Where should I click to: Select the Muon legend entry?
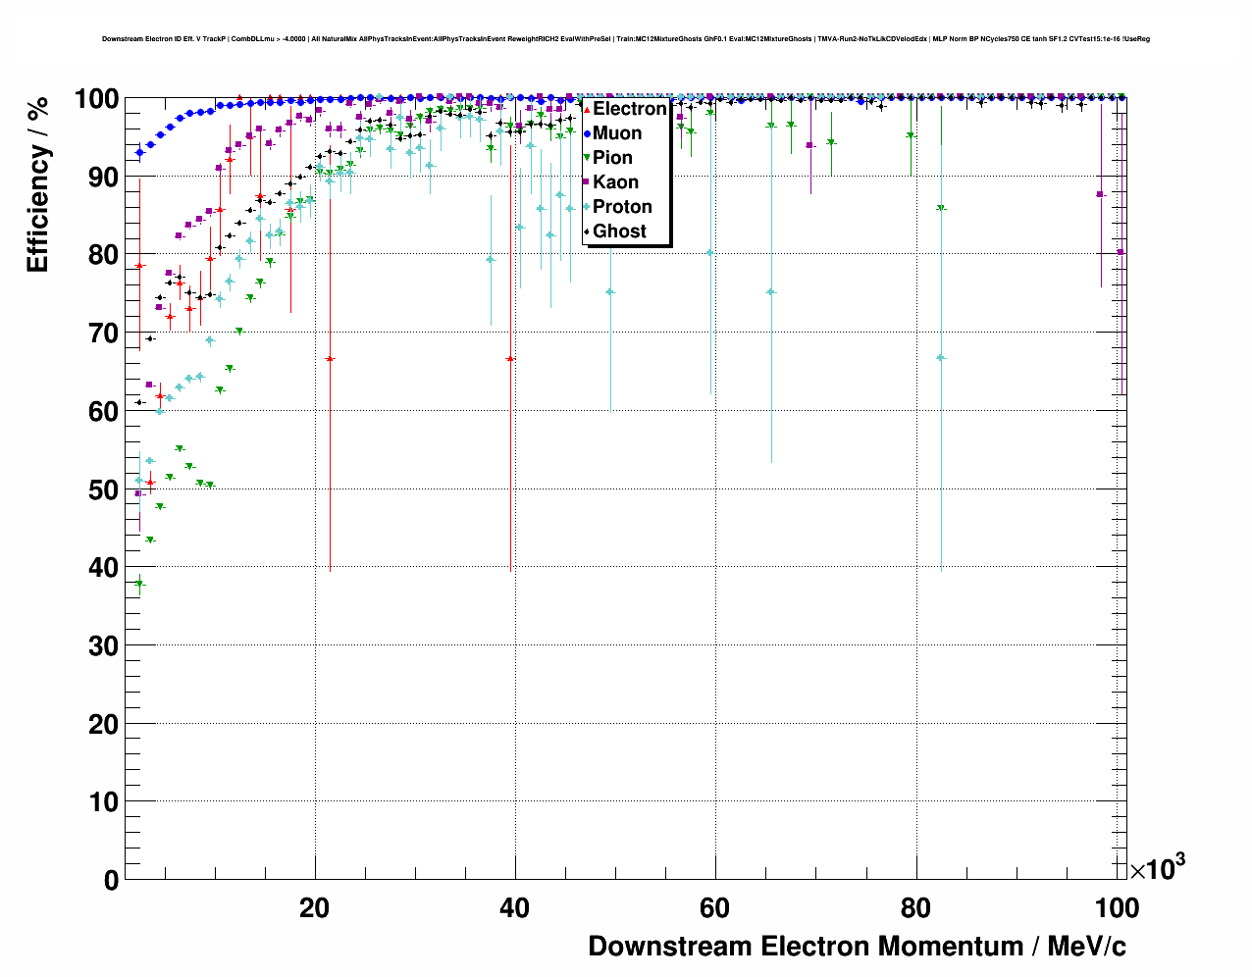point(616,133)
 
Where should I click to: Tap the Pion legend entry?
point(612,158)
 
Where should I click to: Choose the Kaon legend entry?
point(615,182)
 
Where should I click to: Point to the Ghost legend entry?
point(619,231)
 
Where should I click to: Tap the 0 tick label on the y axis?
point(111,880)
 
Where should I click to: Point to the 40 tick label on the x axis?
point(514,908)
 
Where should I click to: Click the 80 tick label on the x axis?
point(915,908)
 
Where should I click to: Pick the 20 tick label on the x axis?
point(314,908)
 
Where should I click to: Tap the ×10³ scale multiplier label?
point(1157,867)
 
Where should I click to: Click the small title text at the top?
point(626,39)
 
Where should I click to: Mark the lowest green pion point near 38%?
point(139,584)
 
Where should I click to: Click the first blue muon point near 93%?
point(139,152)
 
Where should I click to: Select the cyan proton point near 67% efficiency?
point(941,358)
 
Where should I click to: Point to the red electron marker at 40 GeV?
point(510,359)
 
